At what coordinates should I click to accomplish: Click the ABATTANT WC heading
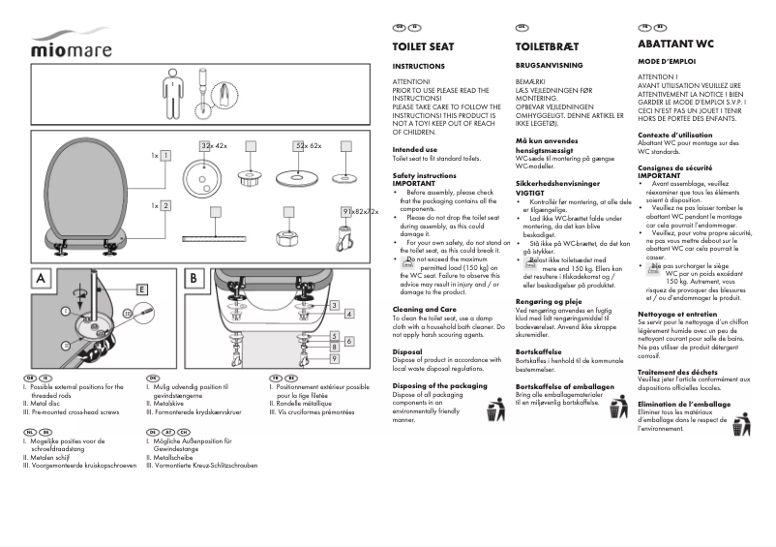(675, 45)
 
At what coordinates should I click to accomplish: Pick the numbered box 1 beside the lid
(165, 155)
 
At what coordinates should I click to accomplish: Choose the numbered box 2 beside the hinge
(165, 205)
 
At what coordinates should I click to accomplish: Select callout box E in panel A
(142, 289)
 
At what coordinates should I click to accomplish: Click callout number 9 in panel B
(334, 358)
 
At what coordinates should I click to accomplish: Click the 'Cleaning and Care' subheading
(418, 309)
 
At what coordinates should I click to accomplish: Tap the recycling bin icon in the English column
(494, 410)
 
